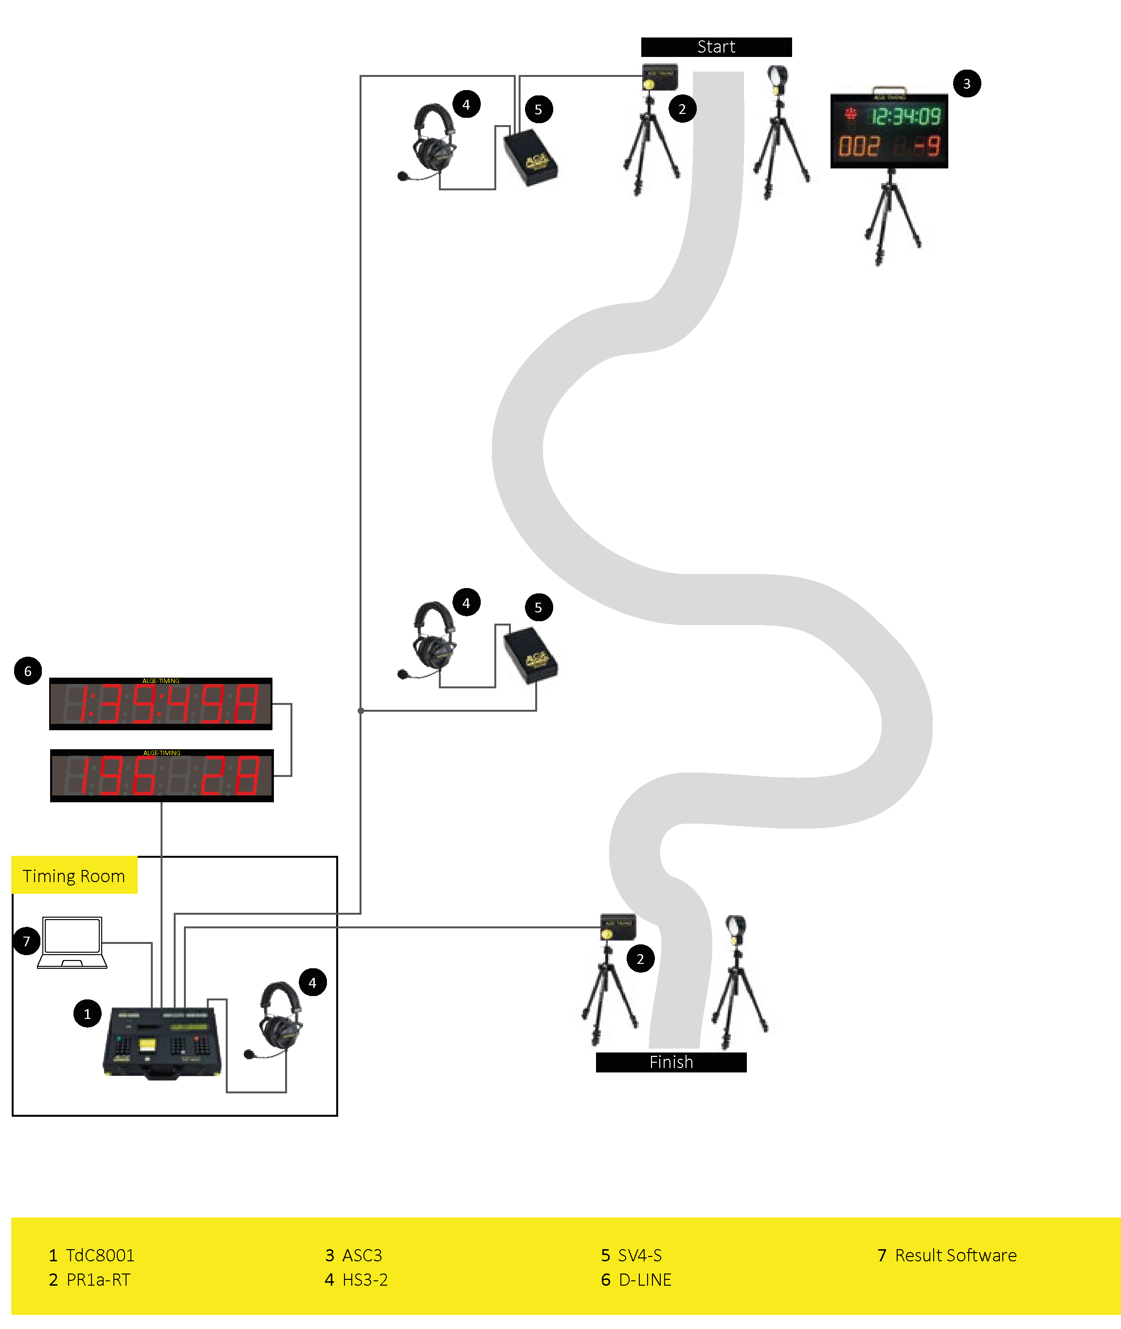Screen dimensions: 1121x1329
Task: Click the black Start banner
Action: [716, 47]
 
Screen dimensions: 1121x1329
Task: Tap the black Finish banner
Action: [671, 1062]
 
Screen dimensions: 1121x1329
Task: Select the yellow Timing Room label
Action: [74, 876]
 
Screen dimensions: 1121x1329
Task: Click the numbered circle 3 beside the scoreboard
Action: [967, 83]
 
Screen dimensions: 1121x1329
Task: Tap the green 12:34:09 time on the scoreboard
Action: [905, 116]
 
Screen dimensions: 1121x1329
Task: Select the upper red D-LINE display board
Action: [161, 703]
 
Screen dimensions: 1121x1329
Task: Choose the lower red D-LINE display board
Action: [162, 775]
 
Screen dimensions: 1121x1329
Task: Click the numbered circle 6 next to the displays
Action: [28, 671]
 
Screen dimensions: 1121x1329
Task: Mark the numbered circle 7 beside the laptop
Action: [27, 941]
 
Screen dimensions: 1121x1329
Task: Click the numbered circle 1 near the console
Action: [88, 1014]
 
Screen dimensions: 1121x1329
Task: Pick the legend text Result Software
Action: [955, 1255]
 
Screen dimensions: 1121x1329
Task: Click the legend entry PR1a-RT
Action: [98, 1279]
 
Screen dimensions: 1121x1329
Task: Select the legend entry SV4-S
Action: [639, 1255]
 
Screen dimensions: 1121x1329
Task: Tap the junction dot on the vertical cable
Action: [361, 710]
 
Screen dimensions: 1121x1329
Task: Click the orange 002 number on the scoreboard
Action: [859, 146]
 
